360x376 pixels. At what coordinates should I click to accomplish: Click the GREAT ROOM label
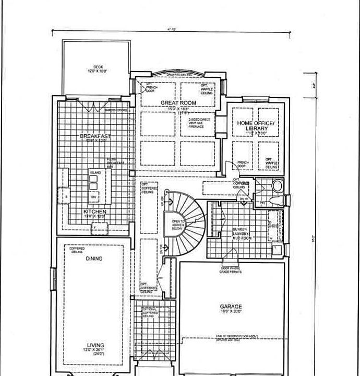pyautogui.click(x=178, y=103)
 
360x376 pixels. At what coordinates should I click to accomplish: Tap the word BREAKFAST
pyautogui.click(x=95, y=136)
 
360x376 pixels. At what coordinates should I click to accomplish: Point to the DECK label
pyautogui.click(x=98, y=67)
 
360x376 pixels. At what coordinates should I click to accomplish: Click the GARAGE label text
pyautogui.click(x=231, y=307)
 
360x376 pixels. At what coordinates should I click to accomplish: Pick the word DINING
pyautogui.click(x=94, y=258)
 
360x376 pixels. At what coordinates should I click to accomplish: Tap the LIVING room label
pyautogui.click(x=95, y=345)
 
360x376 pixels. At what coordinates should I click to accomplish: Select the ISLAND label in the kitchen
pyautogui.click(x=95, y=172)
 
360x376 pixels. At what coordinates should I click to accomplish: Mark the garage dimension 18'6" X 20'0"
pyautogui.click(x=231, y=312)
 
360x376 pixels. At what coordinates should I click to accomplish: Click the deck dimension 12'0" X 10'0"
pyautogui.click(x=98, y=71)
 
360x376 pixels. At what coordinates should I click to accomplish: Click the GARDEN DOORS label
pyautogui.click(x=116, y=110)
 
